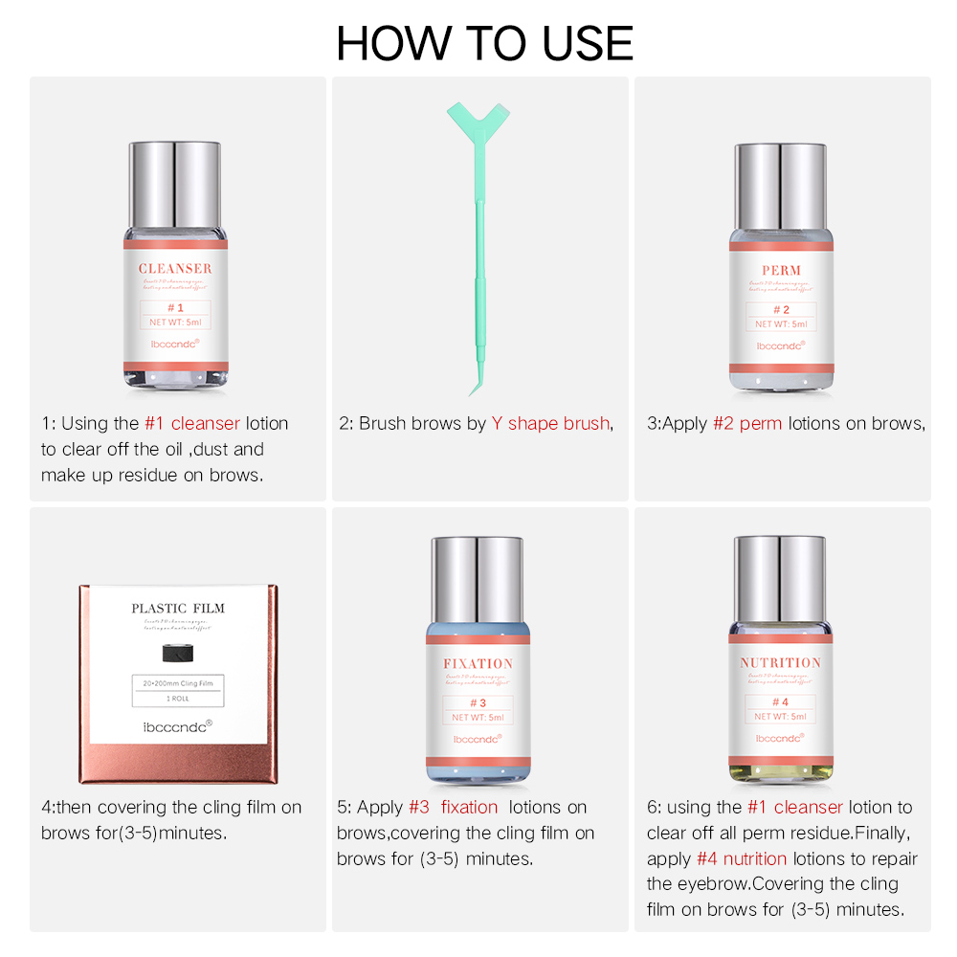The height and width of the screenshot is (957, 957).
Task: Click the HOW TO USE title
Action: pos(484,43)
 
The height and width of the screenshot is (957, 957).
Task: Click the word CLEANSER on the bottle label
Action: pos(175,269)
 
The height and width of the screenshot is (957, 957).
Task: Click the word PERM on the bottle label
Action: pos(781,271)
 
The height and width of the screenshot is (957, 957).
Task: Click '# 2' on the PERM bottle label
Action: pos(781,310)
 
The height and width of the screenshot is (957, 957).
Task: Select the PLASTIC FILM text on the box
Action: pos(178,609)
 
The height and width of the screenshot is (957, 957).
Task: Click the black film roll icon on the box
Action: pos(179,654)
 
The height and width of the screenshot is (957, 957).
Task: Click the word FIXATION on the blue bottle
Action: pos(478,663)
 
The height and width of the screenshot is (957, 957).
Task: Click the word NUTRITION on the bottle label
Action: pos(781,662)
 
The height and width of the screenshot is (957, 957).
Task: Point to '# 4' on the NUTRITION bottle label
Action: pos(781,701)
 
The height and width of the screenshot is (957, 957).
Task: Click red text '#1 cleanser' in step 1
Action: pos(192,423)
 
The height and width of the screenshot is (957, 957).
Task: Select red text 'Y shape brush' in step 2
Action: pos(550,423)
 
